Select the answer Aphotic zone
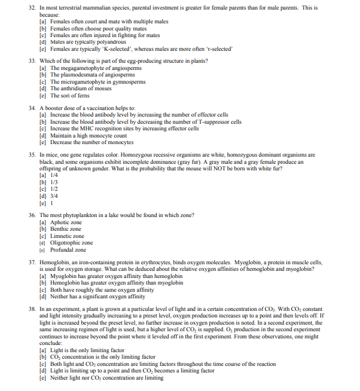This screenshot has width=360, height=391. [66, 222]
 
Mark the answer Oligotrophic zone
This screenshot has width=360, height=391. [71, 243]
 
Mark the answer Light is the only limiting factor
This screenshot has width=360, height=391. [87, 350]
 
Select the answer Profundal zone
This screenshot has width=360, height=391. [68, 250]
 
